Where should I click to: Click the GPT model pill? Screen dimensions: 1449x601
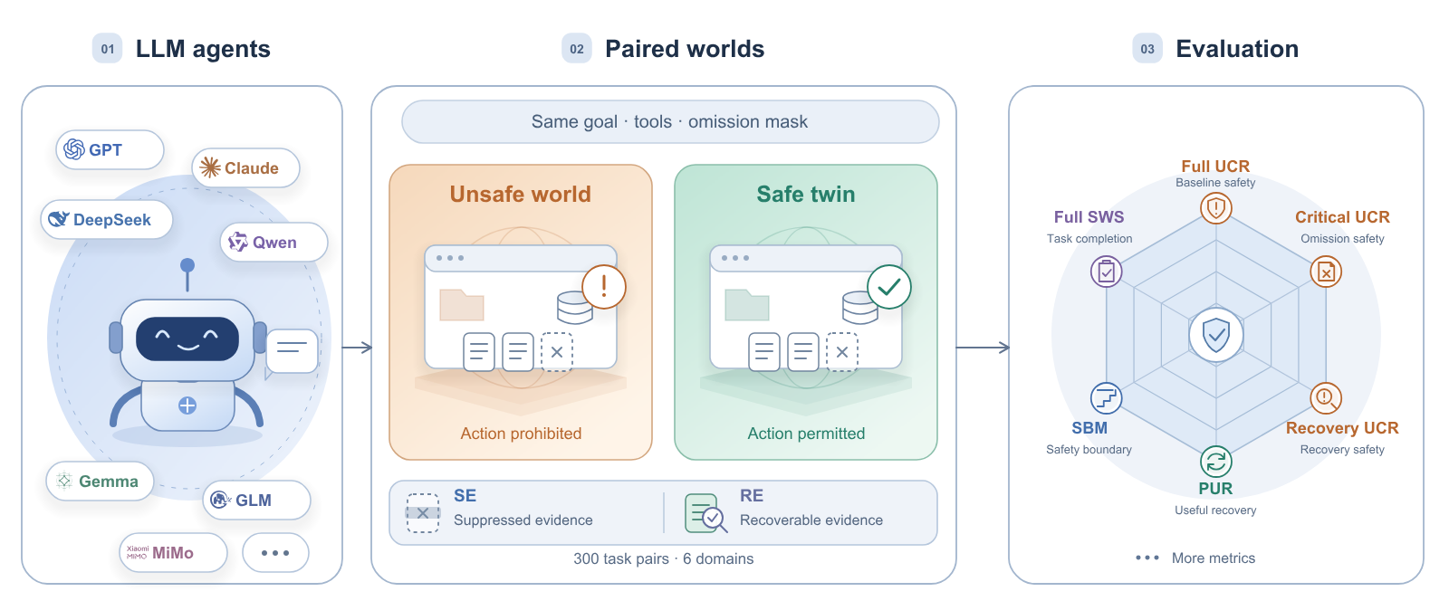pyautogui.click(x=110, y=150)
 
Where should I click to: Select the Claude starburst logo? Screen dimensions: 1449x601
pyautogui.click(x=209, y=167)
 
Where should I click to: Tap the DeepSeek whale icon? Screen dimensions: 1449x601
pyautogui.click(x=58, y=219)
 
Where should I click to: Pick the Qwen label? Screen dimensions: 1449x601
pyautogui.click(x=274, y=243)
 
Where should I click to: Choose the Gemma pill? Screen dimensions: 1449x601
pyautogui.click(x=101, y=482)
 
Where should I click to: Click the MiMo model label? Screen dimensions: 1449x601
pyautogui.click(x=173, y=553)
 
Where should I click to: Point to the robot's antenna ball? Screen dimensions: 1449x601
pyautogui.click(x=187, y=265)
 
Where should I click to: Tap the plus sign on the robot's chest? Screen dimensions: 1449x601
pyautogui.click(x=187, y=405)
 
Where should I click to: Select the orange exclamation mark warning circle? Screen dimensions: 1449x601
pyautogui.click(x=604, y=286)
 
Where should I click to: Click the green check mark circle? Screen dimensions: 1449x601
pyautogui.click(x=889, y=286)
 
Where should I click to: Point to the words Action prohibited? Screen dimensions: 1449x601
pyautogui.click(x=521, y=433)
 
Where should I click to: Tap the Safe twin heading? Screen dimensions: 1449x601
pyautogui.click(x=806, y=194)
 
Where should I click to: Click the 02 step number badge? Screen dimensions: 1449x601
pyautogui.click(x=576, y=49)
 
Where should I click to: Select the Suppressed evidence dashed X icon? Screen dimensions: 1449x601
pyautogui.click(x=423, y=513)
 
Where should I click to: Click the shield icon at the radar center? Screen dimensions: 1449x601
pyautogui.click(x=1216, y=335)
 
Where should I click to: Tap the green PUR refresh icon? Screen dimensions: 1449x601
pyautogui.click(x=1216, y=462)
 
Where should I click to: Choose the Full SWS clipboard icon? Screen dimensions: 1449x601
pyautogui.click(x=1106, y=272)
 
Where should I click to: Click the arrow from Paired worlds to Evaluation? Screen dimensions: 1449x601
pyautogui.click(x=984, y=348)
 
